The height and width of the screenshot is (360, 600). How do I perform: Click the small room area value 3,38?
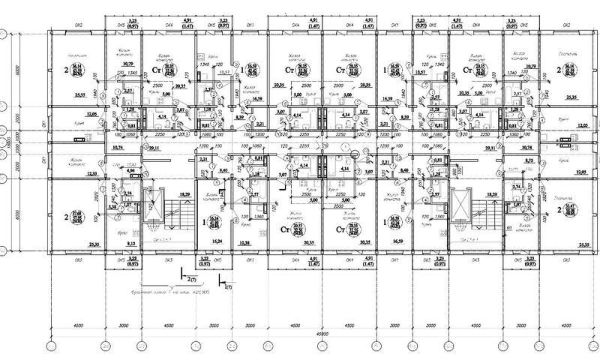[x=113, y=205]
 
